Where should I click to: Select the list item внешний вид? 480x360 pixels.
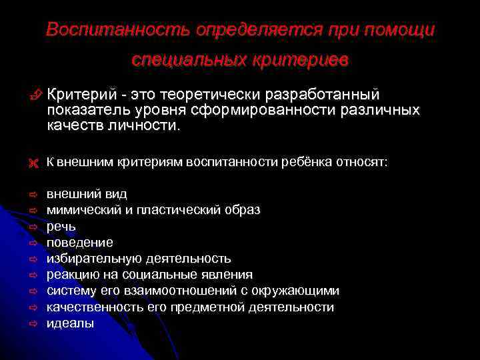(87, 194)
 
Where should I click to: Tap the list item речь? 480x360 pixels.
(61, 226)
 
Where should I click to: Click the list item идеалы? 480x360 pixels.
(70, 324)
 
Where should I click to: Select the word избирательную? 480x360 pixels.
(94, 259)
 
